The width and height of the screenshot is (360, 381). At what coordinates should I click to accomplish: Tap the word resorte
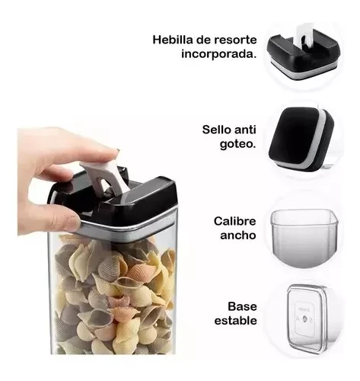pyautogui.click(x=237, y=39)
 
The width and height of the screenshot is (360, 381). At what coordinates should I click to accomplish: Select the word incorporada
pyautogui.click(x=218, y=54)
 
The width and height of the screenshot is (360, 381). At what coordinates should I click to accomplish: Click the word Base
pyautogui.click(x=241, y=306)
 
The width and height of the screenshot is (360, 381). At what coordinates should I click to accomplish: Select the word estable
pyautogui.click(x=234, y=321)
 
